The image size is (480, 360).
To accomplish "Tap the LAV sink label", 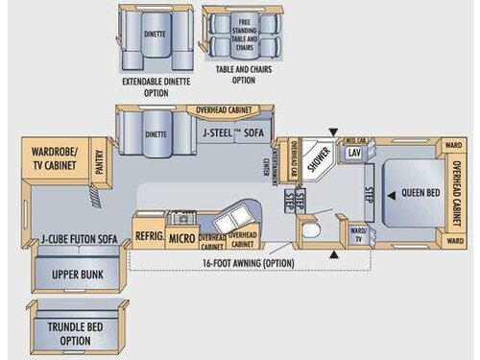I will [x=354, y=154].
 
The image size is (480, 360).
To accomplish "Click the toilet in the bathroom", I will [x=308, y=233].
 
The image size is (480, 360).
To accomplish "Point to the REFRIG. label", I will [x=149, y=237].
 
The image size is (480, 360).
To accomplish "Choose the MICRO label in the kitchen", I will [x=181, y=237].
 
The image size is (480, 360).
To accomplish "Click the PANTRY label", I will [x=100, y=163].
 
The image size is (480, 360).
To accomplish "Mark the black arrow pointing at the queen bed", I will [x=391, y=194].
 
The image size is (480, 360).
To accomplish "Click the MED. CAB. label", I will [x=353, y=138].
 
